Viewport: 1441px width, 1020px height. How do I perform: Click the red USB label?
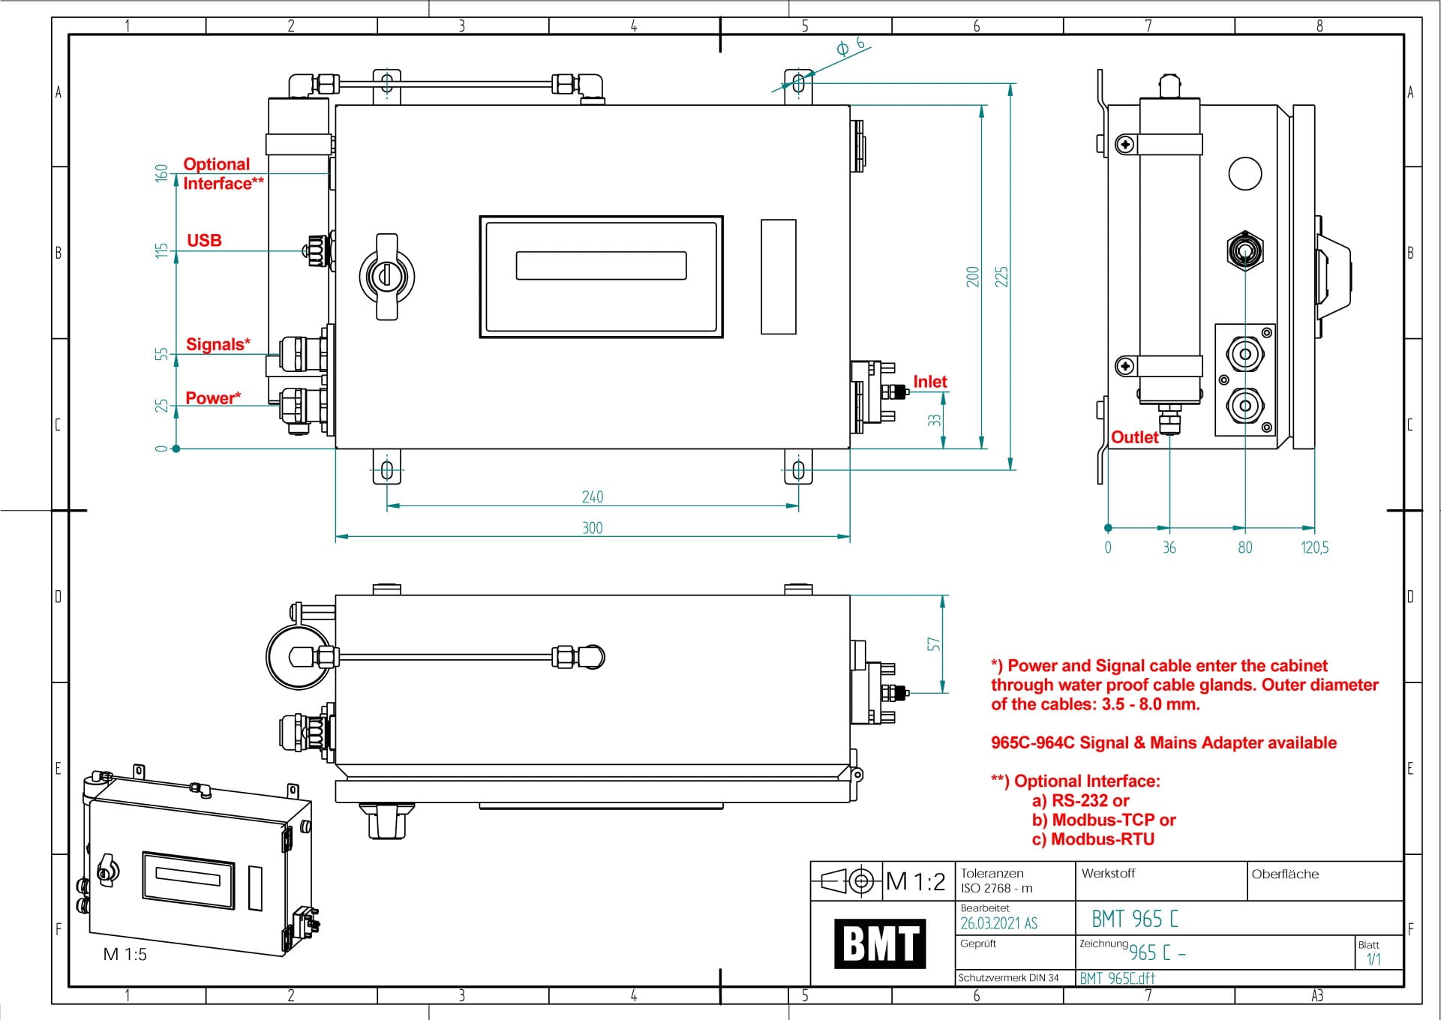(x=204, y=241)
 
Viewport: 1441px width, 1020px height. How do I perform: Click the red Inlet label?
(x=929, y=382)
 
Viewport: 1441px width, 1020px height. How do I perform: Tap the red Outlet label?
(x=1134, y=437)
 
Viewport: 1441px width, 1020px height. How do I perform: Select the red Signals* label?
(x=218, y=344)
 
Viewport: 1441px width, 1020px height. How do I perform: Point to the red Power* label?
(x=213, y=398)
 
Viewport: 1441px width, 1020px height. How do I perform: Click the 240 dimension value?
(x=592, y=497)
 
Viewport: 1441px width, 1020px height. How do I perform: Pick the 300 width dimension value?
(x=592, y=528)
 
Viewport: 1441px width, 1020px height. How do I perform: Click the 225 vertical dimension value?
(x=1001, y=277)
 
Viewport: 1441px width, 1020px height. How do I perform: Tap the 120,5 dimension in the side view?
(x=1314, y=547)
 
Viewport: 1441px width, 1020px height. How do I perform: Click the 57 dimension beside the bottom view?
(x=933, y=644)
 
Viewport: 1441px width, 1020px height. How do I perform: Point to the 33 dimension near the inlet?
(x=934, y=421)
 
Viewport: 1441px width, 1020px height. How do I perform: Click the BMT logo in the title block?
(x=880, y=943)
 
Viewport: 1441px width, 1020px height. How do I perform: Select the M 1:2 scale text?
(x=915, y=881)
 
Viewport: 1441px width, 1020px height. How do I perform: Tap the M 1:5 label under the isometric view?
(x=125, y=955)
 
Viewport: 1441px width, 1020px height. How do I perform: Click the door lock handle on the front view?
(x=386, y=276)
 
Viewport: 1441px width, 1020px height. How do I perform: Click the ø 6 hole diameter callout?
(x=850, y=46)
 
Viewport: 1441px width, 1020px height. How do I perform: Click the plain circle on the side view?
(x=1244, y=173)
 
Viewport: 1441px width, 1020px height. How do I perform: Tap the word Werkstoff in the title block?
(x=1108, y=873)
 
